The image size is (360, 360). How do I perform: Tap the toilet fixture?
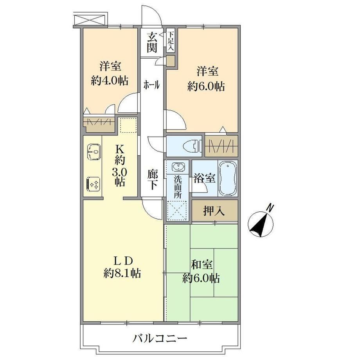click(193, 146)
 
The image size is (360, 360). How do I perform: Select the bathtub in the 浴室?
click(227, 178)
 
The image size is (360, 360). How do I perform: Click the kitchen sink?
click(94, 151)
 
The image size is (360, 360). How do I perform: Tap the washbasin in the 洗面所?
click(178, 167)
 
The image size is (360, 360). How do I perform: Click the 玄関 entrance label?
click(152, 42)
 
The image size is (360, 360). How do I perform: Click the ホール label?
click(151, 85)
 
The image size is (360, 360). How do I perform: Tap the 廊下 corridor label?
click(153, 179)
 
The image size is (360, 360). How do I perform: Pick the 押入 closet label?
click(214, 211)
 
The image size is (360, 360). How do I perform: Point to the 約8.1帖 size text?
click(122, 273)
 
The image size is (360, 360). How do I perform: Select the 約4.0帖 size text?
click(110, 81)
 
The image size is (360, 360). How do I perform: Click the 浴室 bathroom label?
click(205, 178)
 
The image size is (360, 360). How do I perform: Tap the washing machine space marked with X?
click(177, 210)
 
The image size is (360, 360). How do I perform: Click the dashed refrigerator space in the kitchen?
click(129, 125)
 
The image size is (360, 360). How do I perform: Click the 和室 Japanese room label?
click(202, 265)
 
